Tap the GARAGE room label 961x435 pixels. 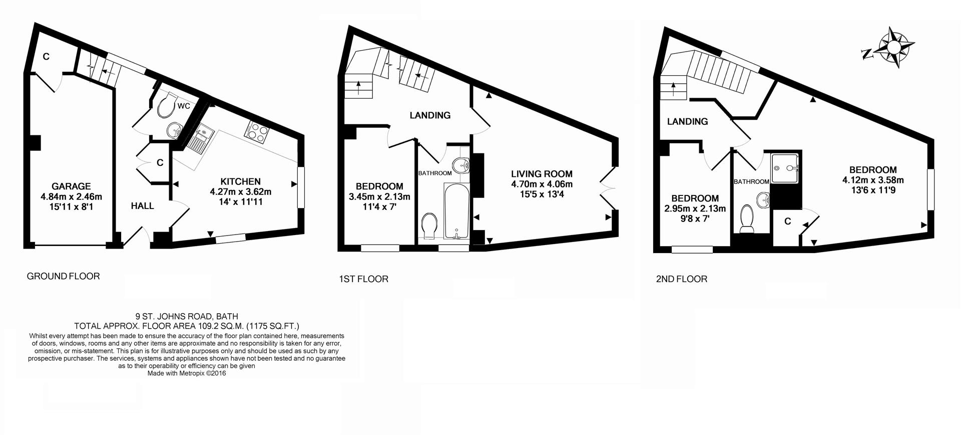(x=71, y=186)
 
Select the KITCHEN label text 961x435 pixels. (x=241, y=181)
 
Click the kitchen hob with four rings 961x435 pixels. (x=257, y=131)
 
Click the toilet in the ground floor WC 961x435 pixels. (x=166, y=103)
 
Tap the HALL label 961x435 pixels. (x=143, y=206)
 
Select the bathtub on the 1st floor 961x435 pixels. (x=456, y=210)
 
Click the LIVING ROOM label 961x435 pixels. (x=542, y=174)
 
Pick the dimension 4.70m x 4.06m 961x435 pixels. (x=542, y=184)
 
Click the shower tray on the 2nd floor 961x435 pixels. (x=785, y=168)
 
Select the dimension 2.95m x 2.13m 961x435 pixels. (x=695, y=208)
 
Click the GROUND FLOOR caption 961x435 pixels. (x=63, y=276)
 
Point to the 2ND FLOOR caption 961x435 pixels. (x=682, y=279)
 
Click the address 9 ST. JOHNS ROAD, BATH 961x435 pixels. (x=187, y=316)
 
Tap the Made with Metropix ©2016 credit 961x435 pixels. (x=187, y=373)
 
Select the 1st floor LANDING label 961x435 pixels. (x=430, y=115)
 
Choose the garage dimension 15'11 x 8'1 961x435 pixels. (x=71, y=206)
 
